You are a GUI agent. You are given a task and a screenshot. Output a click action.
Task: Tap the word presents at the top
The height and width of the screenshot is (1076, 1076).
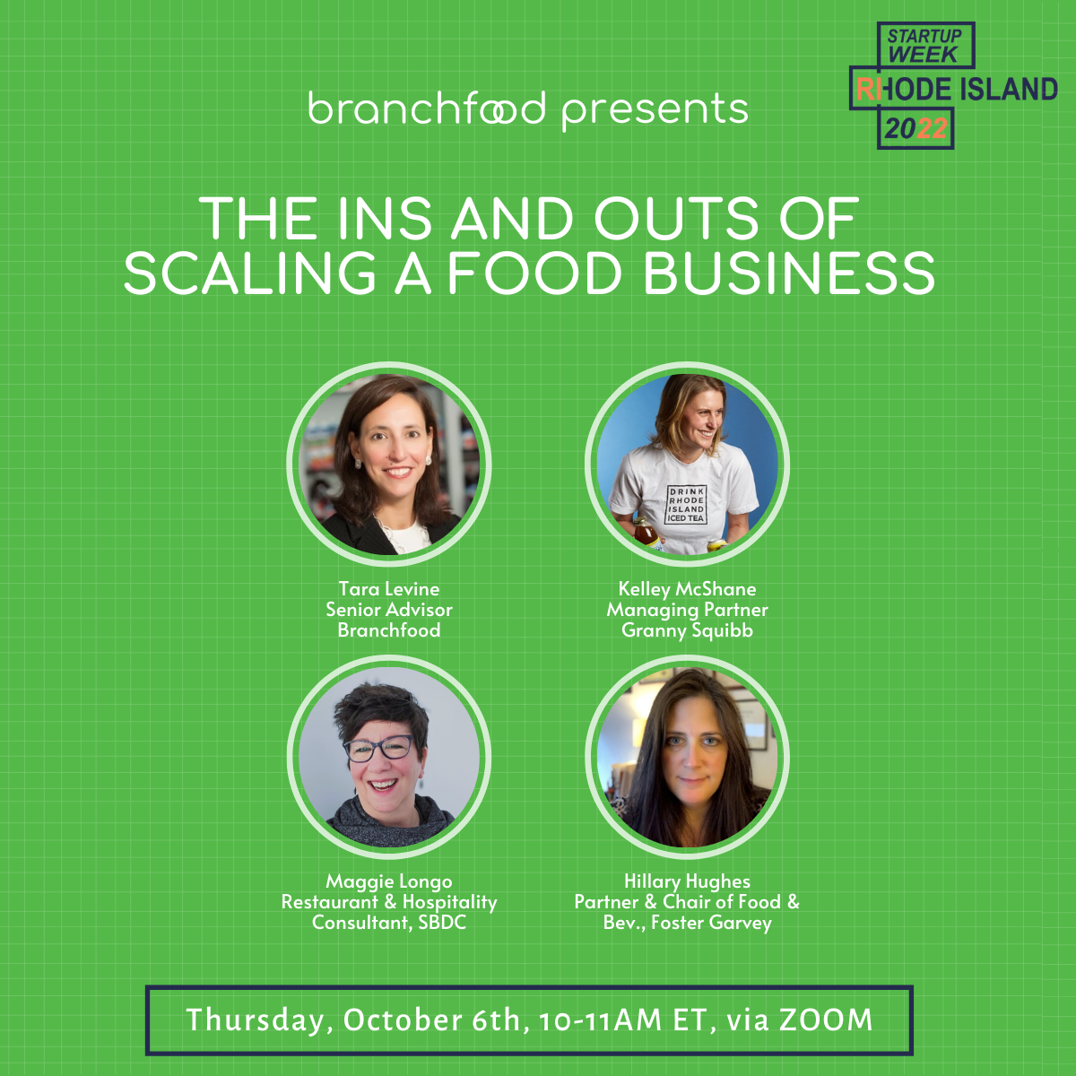[655, 111]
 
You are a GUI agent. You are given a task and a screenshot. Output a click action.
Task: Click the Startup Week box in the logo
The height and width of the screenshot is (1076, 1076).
[925, 45]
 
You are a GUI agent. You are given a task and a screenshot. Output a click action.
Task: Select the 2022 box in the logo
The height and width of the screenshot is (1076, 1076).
[915, 128]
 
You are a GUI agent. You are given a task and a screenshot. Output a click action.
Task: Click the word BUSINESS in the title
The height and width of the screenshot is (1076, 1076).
[790, 273]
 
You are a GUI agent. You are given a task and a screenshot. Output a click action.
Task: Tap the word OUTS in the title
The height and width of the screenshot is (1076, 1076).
[676, 218]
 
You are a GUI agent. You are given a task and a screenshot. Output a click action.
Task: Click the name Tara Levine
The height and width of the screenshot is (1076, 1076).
[388, 588]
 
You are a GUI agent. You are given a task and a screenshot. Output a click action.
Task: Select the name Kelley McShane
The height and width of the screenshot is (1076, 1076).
[688, 588]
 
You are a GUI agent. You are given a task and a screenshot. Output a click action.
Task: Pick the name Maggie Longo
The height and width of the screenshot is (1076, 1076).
[388, 881]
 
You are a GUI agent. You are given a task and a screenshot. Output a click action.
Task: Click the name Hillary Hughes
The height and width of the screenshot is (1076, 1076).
[688, 881]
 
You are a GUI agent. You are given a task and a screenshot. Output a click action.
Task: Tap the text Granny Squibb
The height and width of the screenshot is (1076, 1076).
[688, 631]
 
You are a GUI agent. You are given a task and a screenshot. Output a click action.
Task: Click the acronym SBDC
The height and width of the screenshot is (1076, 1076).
[442, 923]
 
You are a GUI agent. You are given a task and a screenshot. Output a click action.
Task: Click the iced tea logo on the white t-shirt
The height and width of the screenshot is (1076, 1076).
[686, 504]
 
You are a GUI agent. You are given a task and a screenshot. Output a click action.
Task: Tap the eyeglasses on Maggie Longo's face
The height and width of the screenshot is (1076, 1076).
[379, 748]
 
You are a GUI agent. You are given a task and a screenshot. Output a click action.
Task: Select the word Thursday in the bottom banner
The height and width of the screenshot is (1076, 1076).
[256, 1020]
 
